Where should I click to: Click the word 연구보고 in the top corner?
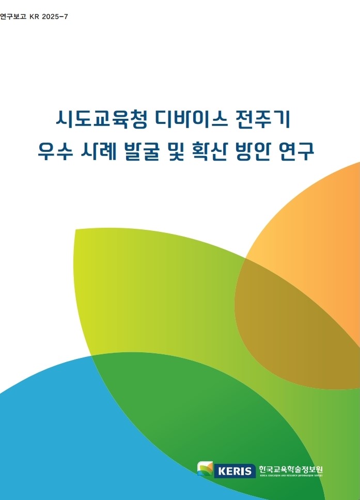[12, 17]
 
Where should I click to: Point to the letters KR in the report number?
[34, 17]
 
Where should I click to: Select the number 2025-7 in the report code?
[55, 17]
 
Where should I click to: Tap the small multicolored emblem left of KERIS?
[205, 468]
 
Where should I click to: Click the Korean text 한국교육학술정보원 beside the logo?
[291, 469]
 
